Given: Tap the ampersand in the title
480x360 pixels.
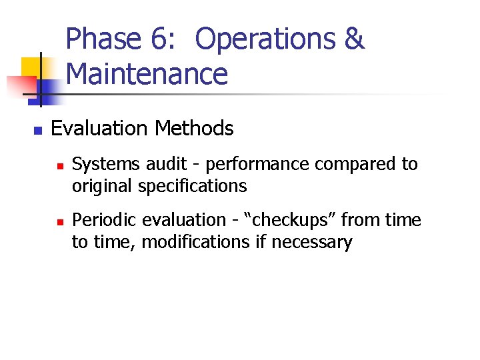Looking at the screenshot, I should [355, 39].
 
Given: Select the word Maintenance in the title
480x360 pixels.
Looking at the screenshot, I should [147, 74].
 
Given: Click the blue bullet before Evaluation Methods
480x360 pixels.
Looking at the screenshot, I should [37, 129].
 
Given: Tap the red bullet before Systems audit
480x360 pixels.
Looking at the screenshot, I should [59, 165].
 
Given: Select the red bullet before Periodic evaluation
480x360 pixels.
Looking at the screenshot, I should [59, 221].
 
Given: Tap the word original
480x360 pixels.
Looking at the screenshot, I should [102, 186].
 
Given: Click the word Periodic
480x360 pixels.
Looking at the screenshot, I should [103, 220].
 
